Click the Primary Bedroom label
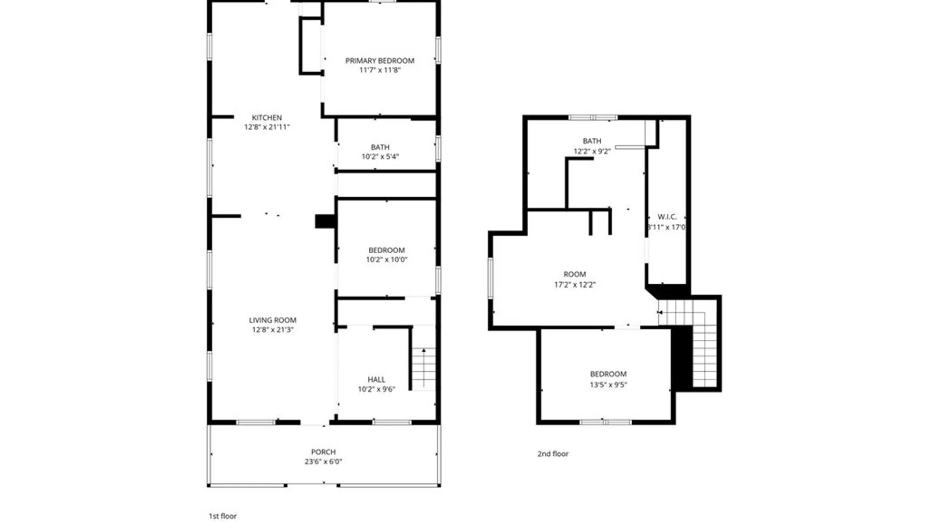pyautogui.click(x=379, y=60)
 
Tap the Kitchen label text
pyautogui.click(x=267, y=117)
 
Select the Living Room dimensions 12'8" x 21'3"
pyautogui.click(x=273, y=330)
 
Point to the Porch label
pyautogui.click(x=323, y=452)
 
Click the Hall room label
pyautogui.click(x=377, y=379)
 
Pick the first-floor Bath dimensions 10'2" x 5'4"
pyautogui.click(x=380, y=157)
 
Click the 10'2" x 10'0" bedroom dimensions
pyautogui.click(x=387, y=260)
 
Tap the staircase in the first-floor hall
pyautogui.click(x=424, y=368)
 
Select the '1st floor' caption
pyautogui.click(x=223, y=516)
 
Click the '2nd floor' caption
pyautogui.click(x=553, y=454)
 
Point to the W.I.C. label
pyautogui.click(x=667, y=217)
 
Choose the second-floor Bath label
pyautogui.click(x=592, y=141)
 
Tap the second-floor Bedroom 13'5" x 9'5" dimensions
pyautogui.click(x=608, y=385)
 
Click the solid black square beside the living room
pyautogui.click(x=325, y=221)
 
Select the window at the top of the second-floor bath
pyautogui.click(x=593, y=117)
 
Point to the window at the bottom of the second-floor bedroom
pyautogui.click(x=606, y=422)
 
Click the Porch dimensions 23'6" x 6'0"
pyautogui.click(x=323, y=462)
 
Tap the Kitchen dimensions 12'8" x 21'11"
pyautogui.click(x=267, y=127)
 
